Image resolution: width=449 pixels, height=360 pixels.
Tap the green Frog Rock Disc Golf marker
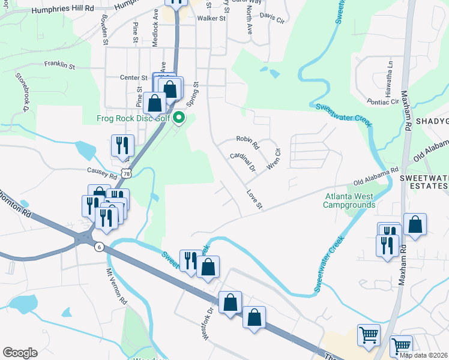coord(179,118)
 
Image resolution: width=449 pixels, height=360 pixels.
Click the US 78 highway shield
coord(125,173)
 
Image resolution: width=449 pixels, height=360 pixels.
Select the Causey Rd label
coord(101,173)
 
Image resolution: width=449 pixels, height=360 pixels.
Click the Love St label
coord(255,200)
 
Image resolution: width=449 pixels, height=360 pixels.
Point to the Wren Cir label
coord(274,159)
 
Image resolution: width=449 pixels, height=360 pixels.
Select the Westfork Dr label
coord(208,325)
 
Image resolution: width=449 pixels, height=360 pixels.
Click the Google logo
coord(20,353)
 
